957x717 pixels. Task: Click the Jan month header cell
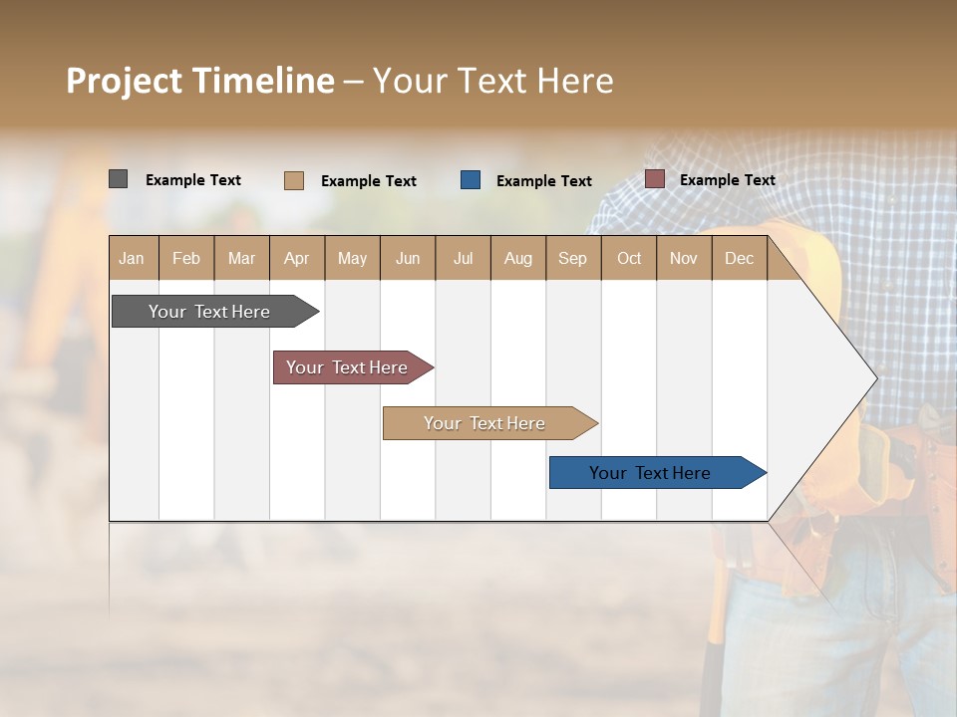133,258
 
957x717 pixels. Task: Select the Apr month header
296,258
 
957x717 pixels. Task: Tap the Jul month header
463,258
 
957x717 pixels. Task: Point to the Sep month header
572,258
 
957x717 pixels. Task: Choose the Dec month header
739,258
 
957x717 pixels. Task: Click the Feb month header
186,258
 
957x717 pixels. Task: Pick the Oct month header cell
629,258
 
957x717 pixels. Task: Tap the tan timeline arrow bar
485,423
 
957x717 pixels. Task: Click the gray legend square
118,179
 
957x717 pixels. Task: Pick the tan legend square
293,180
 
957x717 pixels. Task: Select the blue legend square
471,180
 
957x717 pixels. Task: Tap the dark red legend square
654,179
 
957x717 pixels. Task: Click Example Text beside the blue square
543,181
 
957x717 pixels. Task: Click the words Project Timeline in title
200,81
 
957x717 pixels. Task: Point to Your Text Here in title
492,81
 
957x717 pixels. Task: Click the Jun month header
408,258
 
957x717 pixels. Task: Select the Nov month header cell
684,258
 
